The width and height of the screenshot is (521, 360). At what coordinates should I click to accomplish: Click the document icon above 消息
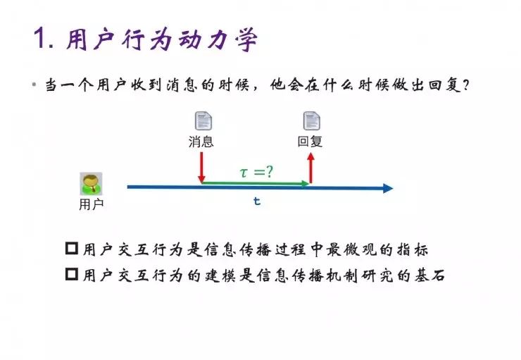click(x=202, y=120)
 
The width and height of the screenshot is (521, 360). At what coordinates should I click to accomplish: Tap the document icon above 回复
click(x=310, y=120)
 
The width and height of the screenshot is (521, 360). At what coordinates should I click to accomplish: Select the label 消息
click(x=201, y=141)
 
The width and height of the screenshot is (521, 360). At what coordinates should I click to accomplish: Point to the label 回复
click(x=310, y=141)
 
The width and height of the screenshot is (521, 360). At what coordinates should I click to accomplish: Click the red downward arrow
click(x=201, y=168)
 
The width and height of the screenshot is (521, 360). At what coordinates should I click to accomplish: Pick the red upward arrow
click(x=310, y=169)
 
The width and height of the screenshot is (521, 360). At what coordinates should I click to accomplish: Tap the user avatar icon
click(x=91, y=183)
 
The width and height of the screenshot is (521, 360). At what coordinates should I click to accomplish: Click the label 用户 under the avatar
click(x=91, y=204)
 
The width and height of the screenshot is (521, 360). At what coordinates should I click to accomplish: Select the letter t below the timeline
click(x=257, y=201)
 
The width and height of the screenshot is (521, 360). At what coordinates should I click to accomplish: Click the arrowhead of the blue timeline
click(x=387, y=188)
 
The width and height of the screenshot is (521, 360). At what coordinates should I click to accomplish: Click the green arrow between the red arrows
click(x=256, y=183)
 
